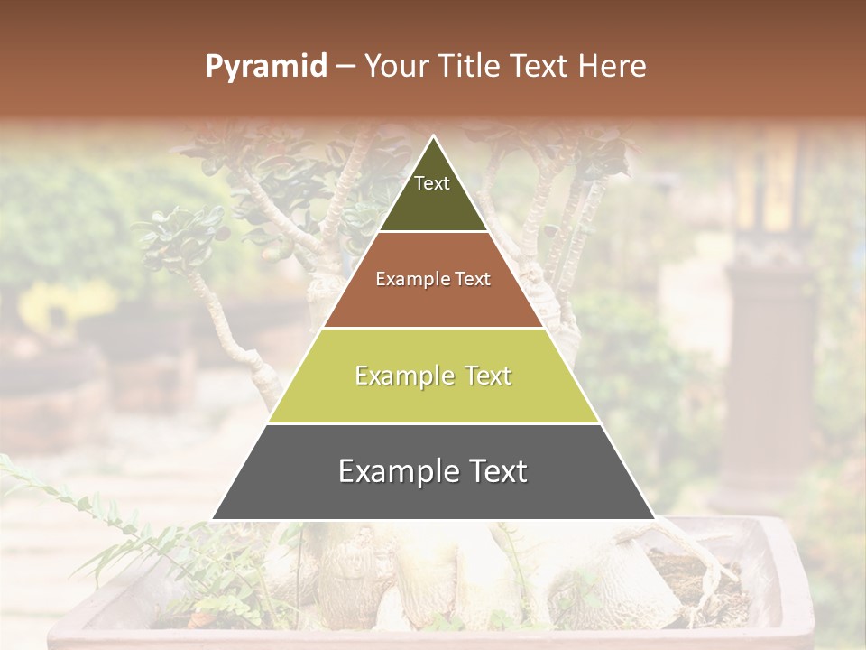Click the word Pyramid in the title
[265, 67]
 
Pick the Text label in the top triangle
[432, 183]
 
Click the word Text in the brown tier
[474, 280]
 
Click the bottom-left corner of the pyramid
[214, 518]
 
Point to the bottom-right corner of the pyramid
[654, 518]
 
